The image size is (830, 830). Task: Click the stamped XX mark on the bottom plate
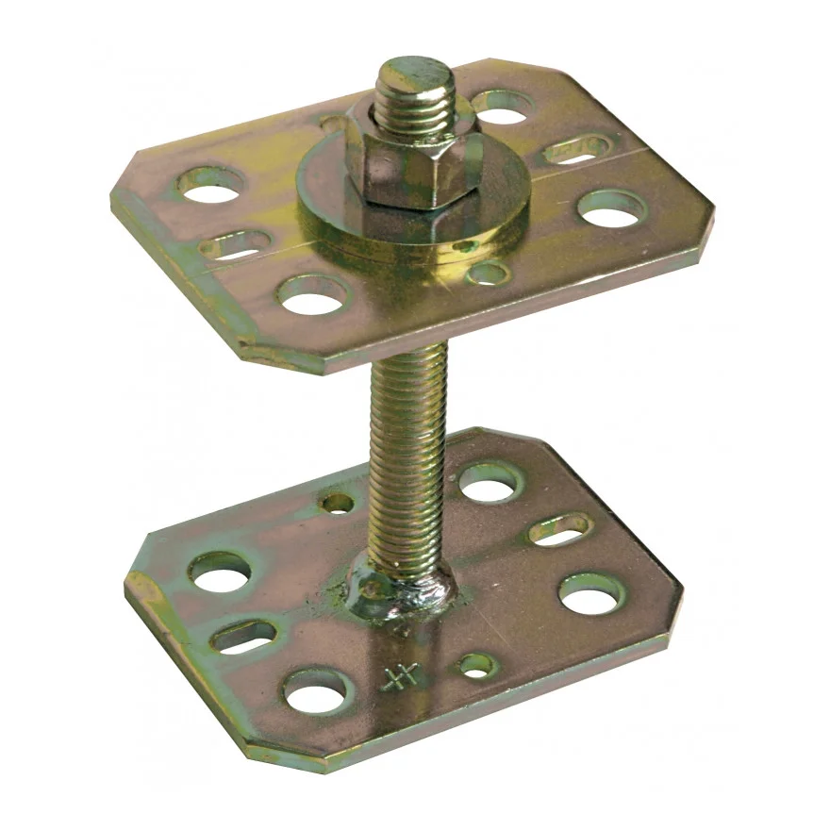[400, 677]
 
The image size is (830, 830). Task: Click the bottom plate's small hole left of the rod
[338, 503]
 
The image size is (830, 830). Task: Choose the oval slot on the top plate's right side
[576, 149]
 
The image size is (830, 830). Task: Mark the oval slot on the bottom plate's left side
[243, 636]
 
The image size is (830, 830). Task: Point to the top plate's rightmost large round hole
[612, 208]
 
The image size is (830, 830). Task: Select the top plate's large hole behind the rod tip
[501, 108]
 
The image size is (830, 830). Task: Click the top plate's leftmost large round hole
[210, 185]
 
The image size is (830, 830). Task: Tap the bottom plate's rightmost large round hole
[591, 593]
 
